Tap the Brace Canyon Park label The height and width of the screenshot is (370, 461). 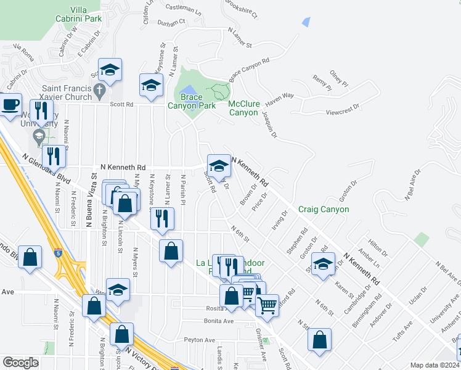(x=190, y=101)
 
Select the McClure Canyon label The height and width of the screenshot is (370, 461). (x=243, y=109)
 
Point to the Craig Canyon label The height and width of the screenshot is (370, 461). (x=324, y=209)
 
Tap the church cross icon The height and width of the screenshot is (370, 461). (x=100, y=92)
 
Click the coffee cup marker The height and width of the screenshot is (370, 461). (x=9, y=104)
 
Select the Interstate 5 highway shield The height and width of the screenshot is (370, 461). (x=57, y=253)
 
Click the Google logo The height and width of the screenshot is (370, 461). (x=21, y=363)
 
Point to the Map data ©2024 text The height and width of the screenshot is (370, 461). (x=434, y=365)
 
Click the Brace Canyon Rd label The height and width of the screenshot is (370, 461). (x=250, y=70)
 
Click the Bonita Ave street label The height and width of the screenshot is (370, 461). (x=219, y=321)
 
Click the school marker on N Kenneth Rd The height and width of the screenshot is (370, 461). (x=218, y=165)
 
